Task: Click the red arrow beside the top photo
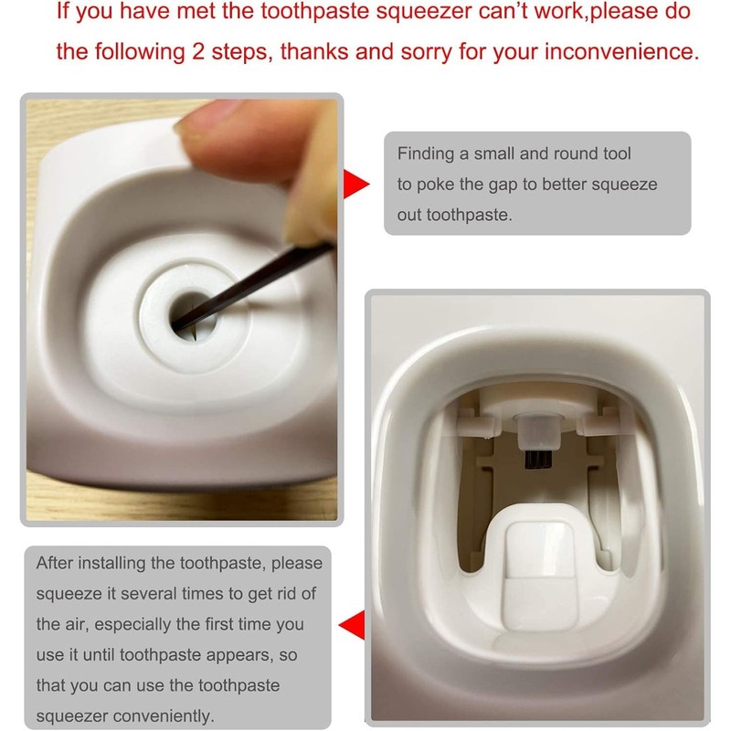pyautogui.click(x=355, y=183)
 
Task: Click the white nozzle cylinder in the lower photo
pyautogui.click(x=537, y=425)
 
